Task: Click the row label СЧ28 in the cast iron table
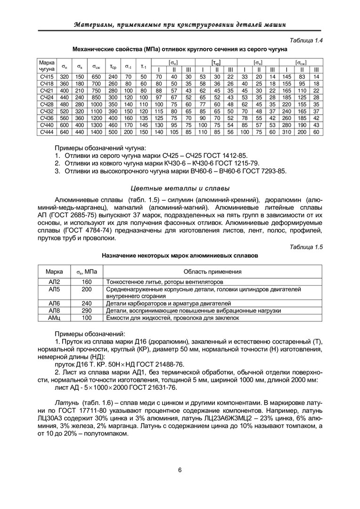click(x=47, y=104)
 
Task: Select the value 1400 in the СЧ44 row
click(x=96, y=132)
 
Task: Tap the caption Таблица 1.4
click(x=307, y=40)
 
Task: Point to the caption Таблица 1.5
click(x=307, y=247)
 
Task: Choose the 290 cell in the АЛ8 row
click(x=87, y=311)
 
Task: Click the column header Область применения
click(x=213, y=272)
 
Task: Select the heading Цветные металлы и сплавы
click(x=180, y=189)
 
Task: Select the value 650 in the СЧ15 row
click(x=96, y=76)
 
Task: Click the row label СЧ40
click(x=47, y=125)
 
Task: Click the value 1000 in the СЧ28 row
click(x=96, y=104)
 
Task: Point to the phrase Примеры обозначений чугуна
click(x=100, y=148)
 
